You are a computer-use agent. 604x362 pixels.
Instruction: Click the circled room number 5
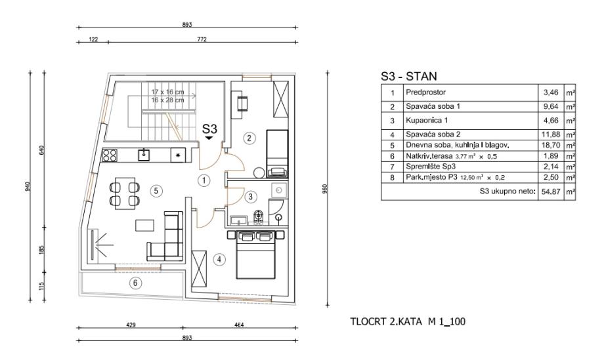click(156, 191)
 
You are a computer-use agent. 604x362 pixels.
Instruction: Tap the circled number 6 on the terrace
click(135, 283)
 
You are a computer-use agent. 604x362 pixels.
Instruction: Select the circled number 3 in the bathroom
click(250, 197)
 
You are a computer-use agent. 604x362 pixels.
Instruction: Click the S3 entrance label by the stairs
click(209, 129)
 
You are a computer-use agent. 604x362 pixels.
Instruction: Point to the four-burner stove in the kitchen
click(109, 155)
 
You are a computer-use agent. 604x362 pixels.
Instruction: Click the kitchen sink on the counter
click(144, 155)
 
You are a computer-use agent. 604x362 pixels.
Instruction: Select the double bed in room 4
click(256, 254)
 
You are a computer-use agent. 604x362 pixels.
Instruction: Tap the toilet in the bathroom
click(258, 216)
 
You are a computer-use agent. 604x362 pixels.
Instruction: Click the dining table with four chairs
click(125, 193)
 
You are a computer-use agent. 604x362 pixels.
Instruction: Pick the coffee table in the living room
click(144, 225)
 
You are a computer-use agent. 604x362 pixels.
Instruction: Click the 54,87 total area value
click(550, 192)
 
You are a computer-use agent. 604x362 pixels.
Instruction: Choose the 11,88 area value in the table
click(550, 134)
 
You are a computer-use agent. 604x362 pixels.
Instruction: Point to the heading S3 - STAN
click(409, 76)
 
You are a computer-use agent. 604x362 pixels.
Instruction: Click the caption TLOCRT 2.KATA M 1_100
click(408, 321)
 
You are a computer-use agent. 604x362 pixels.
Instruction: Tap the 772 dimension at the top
click(202, 39)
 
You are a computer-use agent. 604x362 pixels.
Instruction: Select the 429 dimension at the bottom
click(131, 325)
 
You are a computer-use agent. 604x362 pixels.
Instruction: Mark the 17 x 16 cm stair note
click(167, 92)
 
